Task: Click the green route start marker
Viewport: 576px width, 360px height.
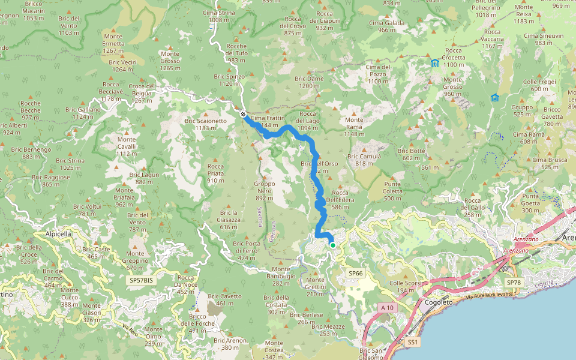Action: coord(332,244)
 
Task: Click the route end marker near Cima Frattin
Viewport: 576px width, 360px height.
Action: coord(243,114)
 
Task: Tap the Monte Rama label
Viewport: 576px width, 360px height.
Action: coord(354,127)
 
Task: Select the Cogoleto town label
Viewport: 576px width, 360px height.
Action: coord(438,303)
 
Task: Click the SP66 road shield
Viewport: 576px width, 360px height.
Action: coord(356,273)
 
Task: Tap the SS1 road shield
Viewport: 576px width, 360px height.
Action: coord(412,341)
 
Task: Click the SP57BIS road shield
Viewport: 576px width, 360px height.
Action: coord(141,280)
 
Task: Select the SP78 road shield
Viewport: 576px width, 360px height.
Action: coord(514,282)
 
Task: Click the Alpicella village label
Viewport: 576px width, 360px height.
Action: coord(58,234)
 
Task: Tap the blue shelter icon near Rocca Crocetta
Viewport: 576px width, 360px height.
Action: coord(434,63)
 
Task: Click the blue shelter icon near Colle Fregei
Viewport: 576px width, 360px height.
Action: coord(494,98)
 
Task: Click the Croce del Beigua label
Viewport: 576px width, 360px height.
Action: coord(142,89)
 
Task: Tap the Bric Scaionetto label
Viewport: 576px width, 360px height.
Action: coord(206,124)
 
